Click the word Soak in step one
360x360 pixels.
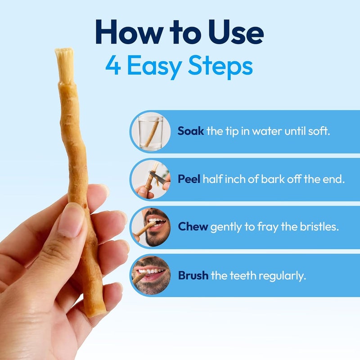pyautogui.click(x=190, y=131)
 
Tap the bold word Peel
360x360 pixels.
pyautogui.click(x=189, y=179)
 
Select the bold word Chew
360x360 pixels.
pyautogui.click(x=193, y=227)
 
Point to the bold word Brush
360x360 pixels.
pyautogui.click(x=193, y=275)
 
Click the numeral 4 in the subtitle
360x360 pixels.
pyautogui.click(x=113, y=65)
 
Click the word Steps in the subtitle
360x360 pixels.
pyautogui.click(x=220, y=67)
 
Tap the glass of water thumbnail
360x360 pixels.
pyautogui.click(x=151, y=131)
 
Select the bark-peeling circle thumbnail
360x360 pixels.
pyautogui.click(x=151, y=180)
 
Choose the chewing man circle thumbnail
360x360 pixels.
pyautogui.click(x=151, y=227)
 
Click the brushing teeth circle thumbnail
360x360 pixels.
pyautogui.click(x=151, y=275)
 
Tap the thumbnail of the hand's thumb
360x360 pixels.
pyautogui.click(x=71, y=221)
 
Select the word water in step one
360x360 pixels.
pyautogui.click(x=267, y=131)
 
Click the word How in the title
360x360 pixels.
pyautogui.click(x=129, y=32)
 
